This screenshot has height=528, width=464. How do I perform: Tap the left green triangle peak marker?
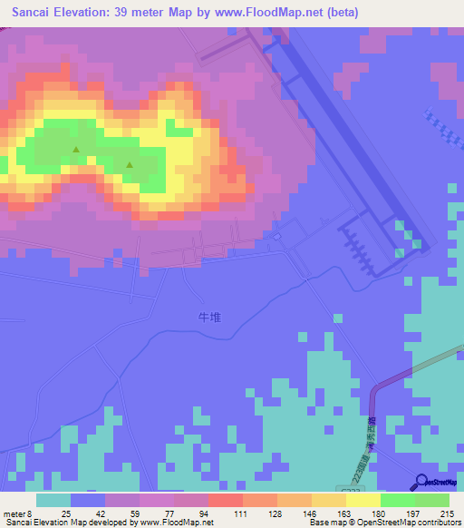point(76,150)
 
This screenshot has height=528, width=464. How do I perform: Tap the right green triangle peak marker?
point(130,164)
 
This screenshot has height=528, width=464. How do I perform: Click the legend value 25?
point(66,513)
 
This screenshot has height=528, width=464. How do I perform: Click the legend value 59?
point(136,513)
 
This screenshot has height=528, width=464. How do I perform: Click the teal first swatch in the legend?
point(53,500)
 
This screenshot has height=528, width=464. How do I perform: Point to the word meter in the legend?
point(15,513)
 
